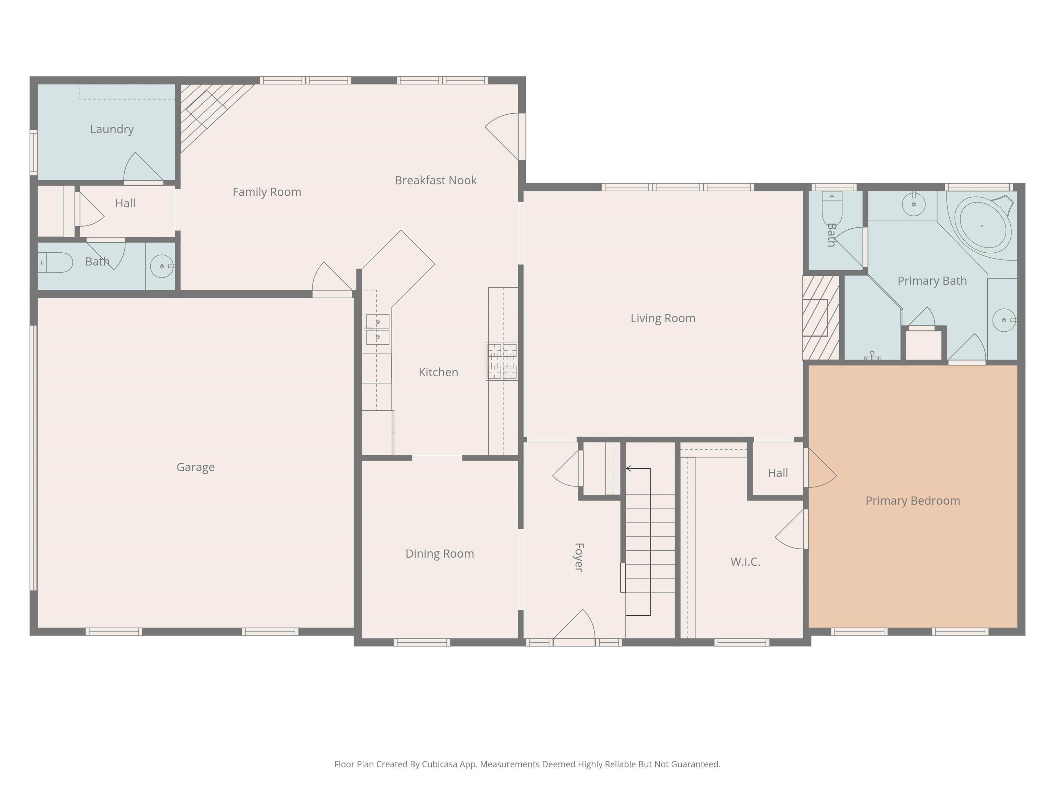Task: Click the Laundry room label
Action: pyautogui.click(x=112, y=129)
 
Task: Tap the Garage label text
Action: pyautogui.click(x=195, y=467)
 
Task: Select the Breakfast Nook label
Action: pyautogui.click(x=435, y=180)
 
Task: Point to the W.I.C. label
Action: pyautogui.click(x=745, y=562)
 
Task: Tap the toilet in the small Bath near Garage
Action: pyautogui.click(x=55, y=263)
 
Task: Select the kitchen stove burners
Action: pyautogui.click(x=502, y=361)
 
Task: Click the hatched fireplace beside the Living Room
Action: pyautogui.click(x=820, y=318)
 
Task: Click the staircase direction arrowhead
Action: pyautogui.click(x=628, y=469)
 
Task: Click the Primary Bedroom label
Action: pyautogui.click(x=912, y=501)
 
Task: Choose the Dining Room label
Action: pyautogui.click(x=439, y=553)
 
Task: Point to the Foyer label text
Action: pyautogui.click(x=579, y=557)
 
